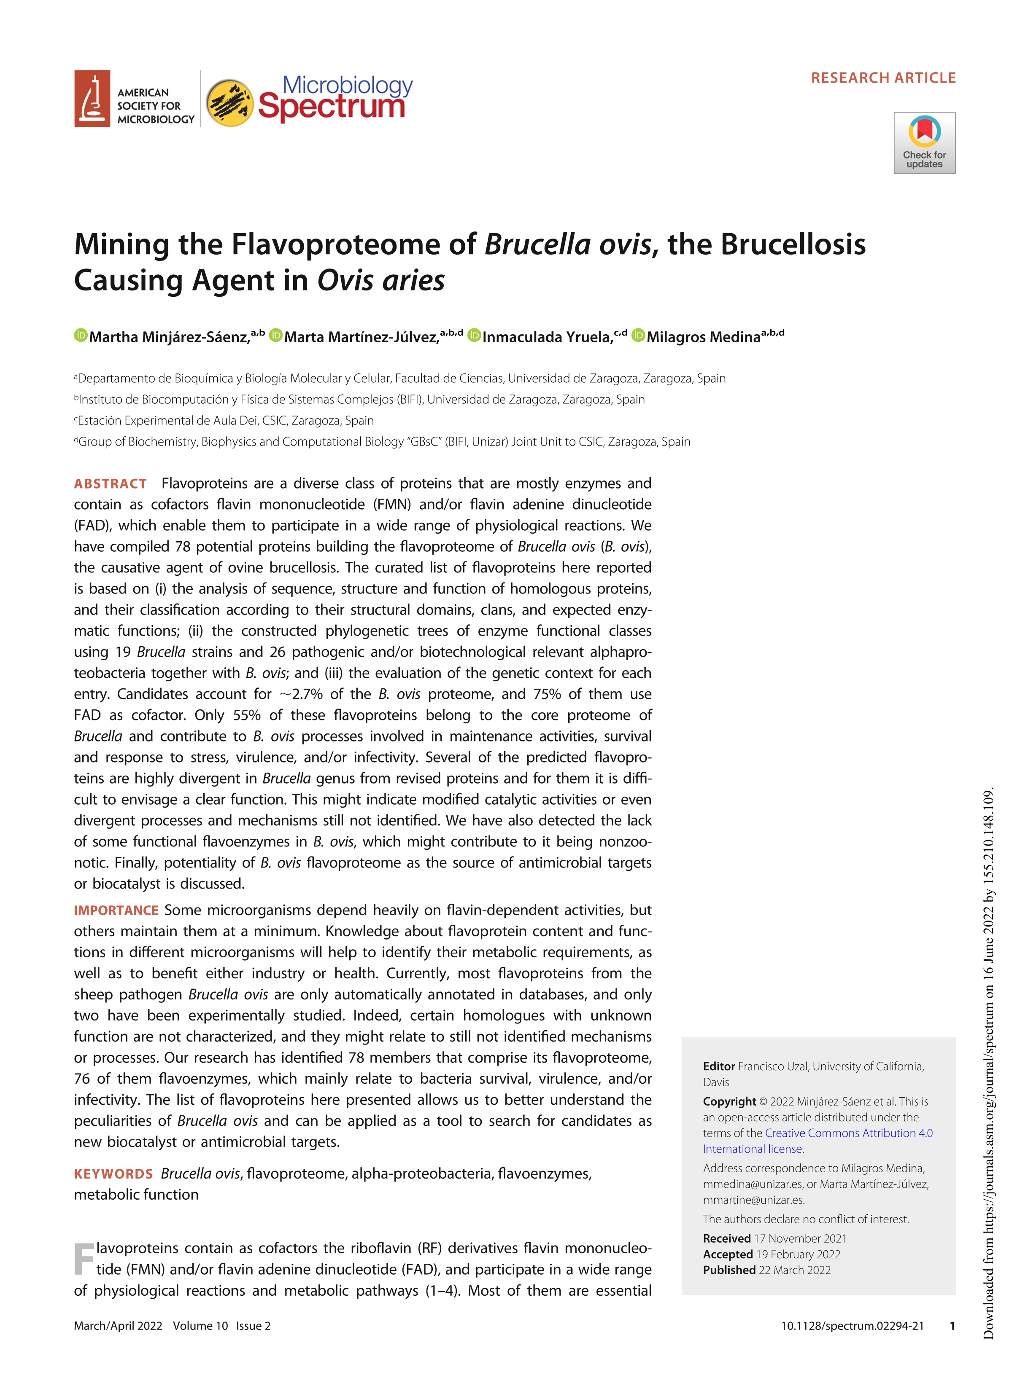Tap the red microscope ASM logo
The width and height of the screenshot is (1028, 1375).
pyautogui.click(x=92, y=99)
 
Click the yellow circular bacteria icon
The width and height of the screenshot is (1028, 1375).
pyautogui.click(x=229, y=102)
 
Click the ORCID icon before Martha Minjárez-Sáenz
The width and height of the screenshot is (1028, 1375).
pyautogui.click(x=81, y=335)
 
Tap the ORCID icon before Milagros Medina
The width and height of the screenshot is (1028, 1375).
pyautogui.click(x=638, y=335)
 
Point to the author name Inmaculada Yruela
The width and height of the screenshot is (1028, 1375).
pyautogui.click(x=547, y=337)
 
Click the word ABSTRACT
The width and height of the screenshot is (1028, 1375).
pyautogui.click(x=110, y=483)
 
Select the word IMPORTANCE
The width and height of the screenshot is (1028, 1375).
pyautogui.click(x=116, y=910)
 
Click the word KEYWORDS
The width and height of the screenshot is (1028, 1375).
pyautogui.click(x=113, y=1174)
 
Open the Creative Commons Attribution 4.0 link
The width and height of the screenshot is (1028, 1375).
pyautogui.click(x=848, y=1133)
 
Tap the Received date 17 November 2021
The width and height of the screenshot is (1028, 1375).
pyautogui.click(x=800, y=1238)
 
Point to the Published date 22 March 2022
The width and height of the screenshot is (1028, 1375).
pyautogui.click(x=793, y=1270)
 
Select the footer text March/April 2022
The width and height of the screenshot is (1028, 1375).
pyautogui.click(x=118, y=1326)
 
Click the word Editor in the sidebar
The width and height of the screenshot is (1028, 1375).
pyautogui.click(x=718, y=1066)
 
